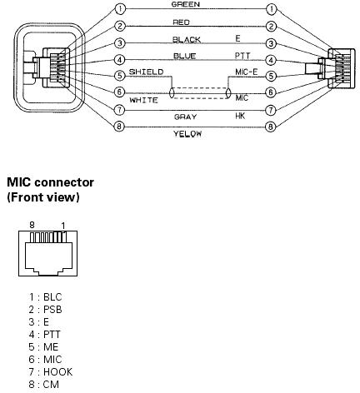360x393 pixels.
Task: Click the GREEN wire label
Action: click(x=185, y=4)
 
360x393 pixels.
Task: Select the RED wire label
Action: click(x=181, y=22)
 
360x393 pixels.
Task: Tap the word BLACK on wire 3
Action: click(x=187, y=40)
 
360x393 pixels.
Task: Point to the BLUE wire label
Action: click(x=185, y=57)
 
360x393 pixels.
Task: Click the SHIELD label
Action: click(x=146, y=72)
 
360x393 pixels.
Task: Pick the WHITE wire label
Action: click(x=143, y=100)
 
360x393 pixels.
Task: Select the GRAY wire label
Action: click(x=185, y=117)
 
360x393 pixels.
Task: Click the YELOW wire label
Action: click(x=187, y=134)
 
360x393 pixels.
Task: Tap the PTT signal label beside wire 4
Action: click(x=242, y=56)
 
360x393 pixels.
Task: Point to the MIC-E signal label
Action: click(x=247, y=72)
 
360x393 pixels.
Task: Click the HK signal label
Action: click(x=240, y=116)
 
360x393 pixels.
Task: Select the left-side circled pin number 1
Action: click(x=120, y=9)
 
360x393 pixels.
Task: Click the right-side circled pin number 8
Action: click(x=271, y=127)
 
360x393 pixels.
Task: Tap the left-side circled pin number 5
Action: click(x=120, y=76)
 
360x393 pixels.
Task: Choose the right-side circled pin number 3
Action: click(x=271, y=43)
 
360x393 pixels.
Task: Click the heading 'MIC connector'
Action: click(x=50, y=182)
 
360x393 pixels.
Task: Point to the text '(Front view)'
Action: click(x=43, y=197)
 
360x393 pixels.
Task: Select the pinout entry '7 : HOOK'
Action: click(x=51, y=372)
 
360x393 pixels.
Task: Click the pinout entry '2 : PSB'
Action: click(x=45, y=310)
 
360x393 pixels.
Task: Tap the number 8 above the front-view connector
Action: click(x=32, y=225)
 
